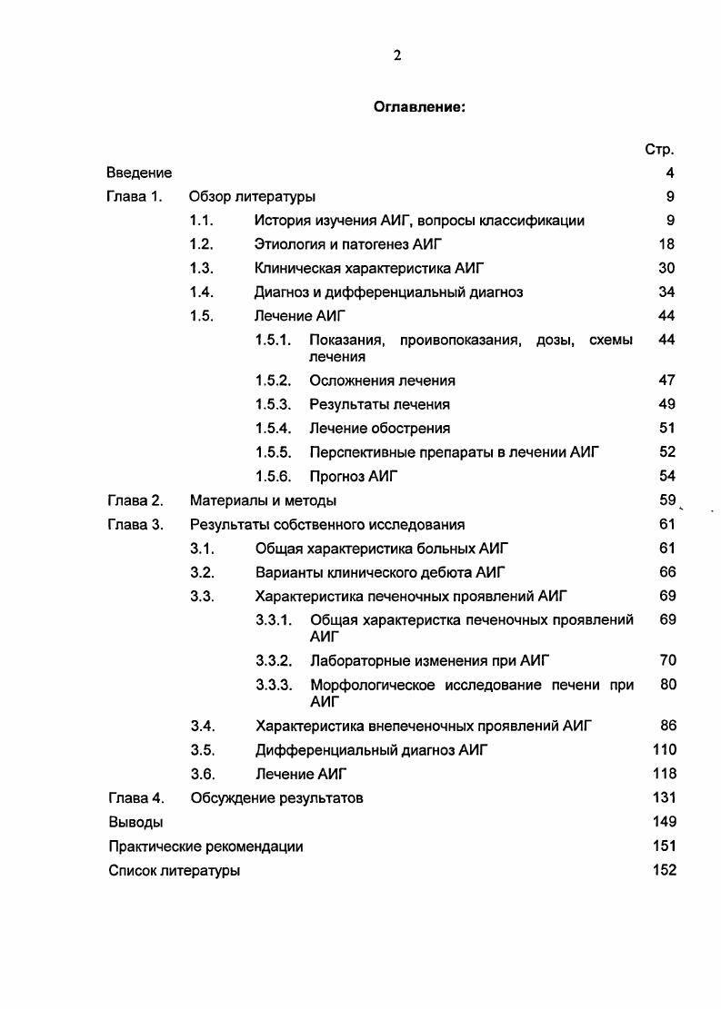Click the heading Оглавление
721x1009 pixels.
click(x=419, y=107)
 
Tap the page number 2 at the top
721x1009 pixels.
click(x=397, y=55)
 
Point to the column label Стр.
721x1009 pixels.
click(x=659, y=150)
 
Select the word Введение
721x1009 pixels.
click(x=139, y=173)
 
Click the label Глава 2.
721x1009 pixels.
click(x=135, y=500)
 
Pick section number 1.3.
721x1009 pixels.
click(x=201, y=268)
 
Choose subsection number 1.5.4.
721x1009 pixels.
click(x=273, y=428)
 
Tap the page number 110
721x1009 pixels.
click(x=665, y=749)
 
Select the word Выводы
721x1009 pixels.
click(x=135, y=822)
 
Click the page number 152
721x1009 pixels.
click(x=665, y=870)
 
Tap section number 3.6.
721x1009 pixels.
click(x=202, y=774)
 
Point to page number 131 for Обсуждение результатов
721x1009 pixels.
click(x=665, y=797)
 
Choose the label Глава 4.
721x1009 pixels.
click(x=135, y=798)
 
